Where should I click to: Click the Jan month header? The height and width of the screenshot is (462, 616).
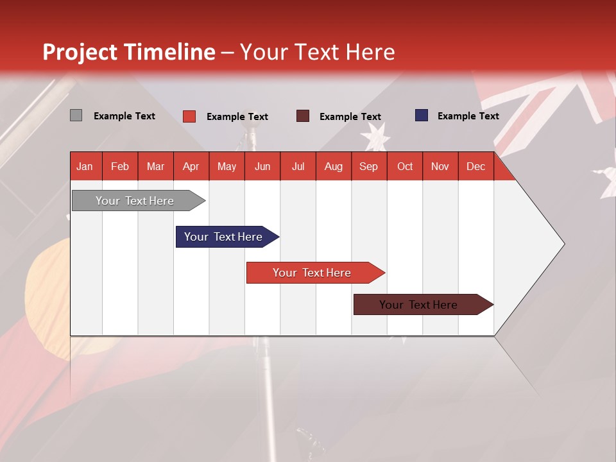(x=85, y=166)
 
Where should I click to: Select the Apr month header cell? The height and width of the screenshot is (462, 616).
(x=191, y=166)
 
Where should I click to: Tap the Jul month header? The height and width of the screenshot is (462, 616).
(x=298, y=166)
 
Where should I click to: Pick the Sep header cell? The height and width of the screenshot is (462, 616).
(x=368, y=166)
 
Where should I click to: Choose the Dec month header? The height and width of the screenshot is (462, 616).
(x=475, y=166)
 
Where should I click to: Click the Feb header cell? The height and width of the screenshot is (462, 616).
(x=120, y=166)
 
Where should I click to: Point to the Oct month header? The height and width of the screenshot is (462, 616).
(x=405, y=166)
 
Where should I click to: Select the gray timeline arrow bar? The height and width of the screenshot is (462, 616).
(x=135, y=201)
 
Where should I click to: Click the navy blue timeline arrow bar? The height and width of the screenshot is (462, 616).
(x=223, y=237)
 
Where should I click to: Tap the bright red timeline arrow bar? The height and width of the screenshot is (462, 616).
(x=312, y=273)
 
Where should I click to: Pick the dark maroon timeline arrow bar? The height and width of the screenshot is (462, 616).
(x=418, y=305)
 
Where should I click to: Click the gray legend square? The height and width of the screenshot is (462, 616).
(x=76, y=116)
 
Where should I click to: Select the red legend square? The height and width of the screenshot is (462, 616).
(x=189, y=116)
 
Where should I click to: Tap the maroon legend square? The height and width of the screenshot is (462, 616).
(x=302, y=116)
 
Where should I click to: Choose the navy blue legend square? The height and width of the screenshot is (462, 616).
(x=421, y=116)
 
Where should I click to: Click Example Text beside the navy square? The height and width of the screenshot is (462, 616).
(x=468, y=116)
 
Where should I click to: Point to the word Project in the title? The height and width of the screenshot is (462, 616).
(x=80, y=52)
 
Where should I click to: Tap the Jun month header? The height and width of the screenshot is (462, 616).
(x=262, y=166)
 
